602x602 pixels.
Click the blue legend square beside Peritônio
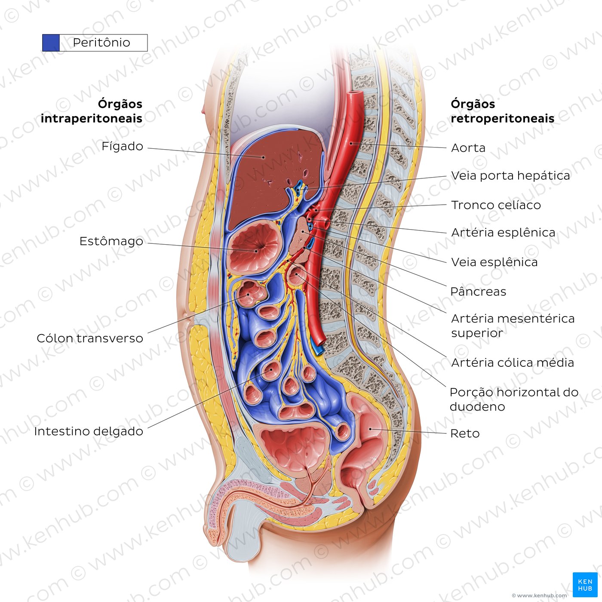[51, 43]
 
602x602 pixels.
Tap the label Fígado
[122, 146]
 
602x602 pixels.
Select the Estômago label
[111, 241]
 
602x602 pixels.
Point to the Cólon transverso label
[90, 338]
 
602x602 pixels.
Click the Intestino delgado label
[89, 431]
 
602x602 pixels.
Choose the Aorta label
[468, 148]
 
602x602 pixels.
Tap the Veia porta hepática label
[510, 175]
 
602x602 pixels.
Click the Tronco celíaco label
[496, 205]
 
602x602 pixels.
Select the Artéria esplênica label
[503, 233]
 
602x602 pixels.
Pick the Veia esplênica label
[494, 262]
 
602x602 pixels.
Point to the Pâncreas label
[478, 292]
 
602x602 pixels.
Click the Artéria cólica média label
[513, 362]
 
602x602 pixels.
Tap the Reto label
[465, 433]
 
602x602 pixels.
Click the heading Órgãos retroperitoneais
[502, 111]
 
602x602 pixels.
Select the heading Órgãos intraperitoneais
[92, 111]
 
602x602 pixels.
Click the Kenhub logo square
[585, 585]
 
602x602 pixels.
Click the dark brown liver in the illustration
[275, 175]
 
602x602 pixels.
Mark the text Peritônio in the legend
[101, 43]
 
